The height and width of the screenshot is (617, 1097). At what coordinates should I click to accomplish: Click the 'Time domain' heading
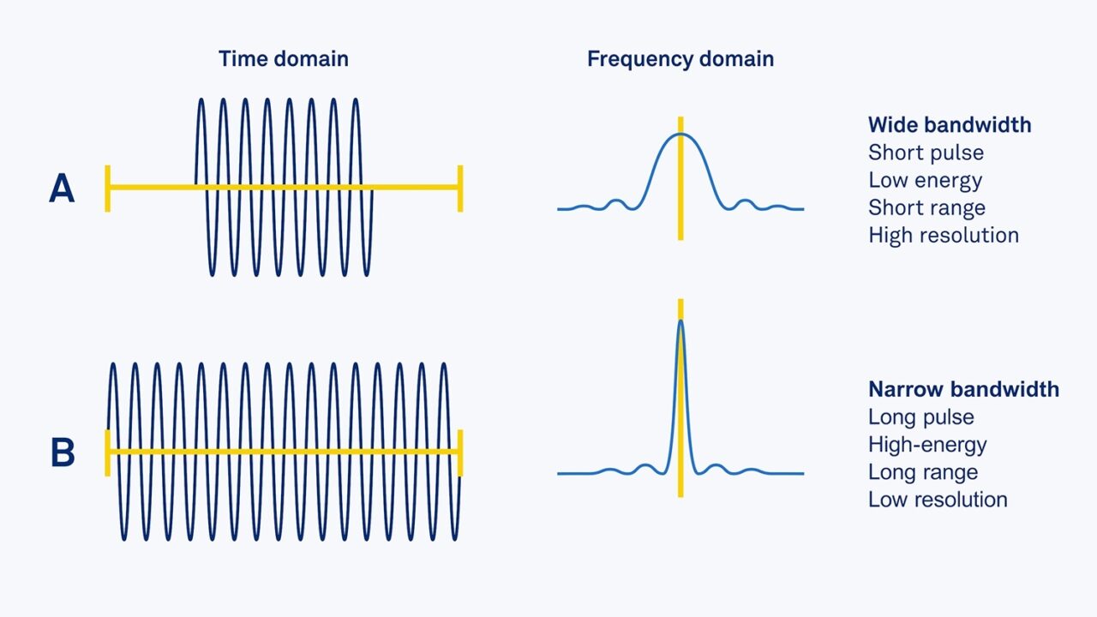[x=283, y=59]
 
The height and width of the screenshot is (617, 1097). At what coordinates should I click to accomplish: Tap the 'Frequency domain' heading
[x=680, y=59]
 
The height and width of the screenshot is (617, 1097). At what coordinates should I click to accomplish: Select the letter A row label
[x=62, y=189]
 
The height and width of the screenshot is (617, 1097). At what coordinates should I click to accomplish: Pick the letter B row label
[x=62, y=453]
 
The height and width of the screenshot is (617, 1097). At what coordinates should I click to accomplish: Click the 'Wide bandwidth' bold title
[x=949, y=125]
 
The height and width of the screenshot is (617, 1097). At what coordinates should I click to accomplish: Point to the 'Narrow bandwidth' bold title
[x=963, y=390]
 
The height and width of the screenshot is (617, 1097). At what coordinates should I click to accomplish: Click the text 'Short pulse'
[x=926, y=153]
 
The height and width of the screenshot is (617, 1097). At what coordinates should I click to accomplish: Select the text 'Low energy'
[x=925, y=180]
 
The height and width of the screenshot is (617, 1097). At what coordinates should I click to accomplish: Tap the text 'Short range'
[x=926, y=207]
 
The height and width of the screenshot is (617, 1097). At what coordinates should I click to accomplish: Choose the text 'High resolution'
[x=943, y=235]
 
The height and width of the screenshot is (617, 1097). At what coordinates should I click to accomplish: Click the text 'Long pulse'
[x=920, y=417]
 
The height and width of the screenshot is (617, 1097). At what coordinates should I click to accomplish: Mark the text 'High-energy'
[x=927, y=445]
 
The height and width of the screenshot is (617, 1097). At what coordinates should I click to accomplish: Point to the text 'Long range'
[x=922, y=472]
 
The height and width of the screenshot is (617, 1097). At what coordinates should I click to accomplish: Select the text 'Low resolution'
[x=938, y=500]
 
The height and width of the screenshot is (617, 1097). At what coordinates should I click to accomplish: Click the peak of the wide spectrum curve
[x=680, y=135]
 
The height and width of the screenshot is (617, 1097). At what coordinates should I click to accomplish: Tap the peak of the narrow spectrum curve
[x=680, y=320]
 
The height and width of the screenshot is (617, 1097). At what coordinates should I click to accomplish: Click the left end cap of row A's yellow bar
[x=108, y=188]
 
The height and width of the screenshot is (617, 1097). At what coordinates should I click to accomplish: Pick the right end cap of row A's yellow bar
[x=460, y=188]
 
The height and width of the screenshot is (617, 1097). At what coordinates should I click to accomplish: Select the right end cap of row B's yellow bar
[x=460, y=452]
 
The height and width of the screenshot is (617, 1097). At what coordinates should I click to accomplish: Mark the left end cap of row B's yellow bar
[x=108, y=452]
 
